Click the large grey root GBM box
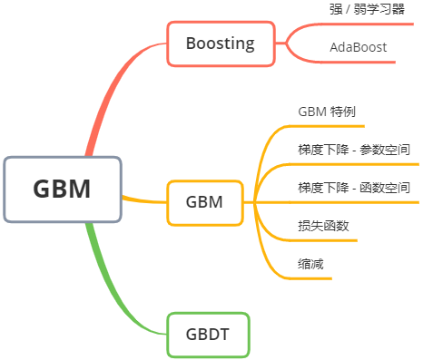point(62,189)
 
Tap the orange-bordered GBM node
point(205,201)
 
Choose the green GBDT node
point(208,335)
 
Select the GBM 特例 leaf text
point(327,112)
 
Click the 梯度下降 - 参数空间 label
point(354,150)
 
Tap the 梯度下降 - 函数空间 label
point(354,188)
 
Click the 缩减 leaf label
point(310,264)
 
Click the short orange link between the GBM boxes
point(143,199)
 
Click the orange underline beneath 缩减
point(309,277)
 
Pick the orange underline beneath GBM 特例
point(327,127)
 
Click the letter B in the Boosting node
point(192,43)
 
